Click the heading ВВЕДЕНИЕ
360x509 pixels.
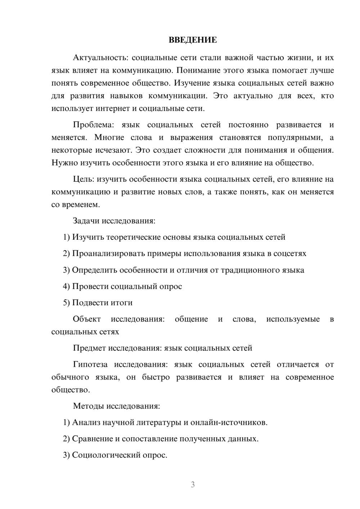(x=193, y=40)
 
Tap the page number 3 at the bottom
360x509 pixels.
(x=193, y=485)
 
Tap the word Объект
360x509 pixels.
(x=87, y=319)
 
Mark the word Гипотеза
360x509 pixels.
(x=90, y=364)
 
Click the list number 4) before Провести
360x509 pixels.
(x=66, y=287)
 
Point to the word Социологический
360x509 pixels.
(x=107, y=455)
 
